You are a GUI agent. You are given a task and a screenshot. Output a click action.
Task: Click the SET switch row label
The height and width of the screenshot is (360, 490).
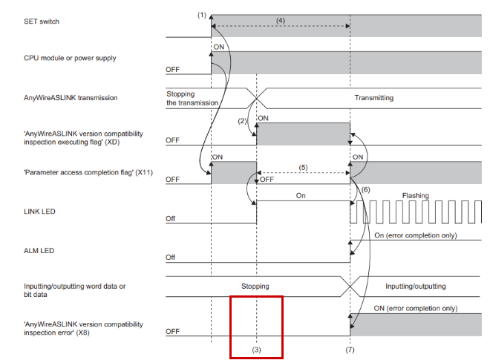[x=42, y=22]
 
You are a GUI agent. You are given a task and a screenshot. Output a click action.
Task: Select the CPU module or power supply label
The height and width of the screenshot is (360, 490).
[x=70, y=58]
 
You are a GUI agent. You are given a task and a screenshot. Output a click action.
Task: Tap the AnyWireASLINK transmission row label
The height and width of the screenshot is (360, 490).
[x=71, y=98]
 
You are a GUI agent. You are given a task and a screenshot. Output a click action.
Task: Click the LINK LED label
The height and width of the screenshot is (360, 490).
[x=39, y=212]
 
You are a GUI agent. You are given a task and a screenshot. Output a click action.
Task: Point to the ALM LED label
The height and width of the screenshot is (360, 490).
[x=39, y=251]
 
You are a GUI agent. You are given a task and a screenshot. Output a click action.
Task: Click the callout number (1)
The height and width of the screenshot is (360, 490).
[x=202, y=15]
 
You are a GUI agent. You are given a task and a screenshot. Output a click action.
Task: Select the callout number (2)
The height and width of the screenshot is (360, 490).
[x=242, y=121]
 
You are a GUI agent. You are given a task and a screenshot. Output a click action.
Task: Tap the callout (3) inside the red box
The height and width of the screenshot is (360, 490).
[x=257, y=350]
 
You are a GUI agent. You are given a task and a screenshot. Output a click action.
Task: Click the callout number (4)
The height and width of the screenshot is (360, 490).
[x=281, y=20]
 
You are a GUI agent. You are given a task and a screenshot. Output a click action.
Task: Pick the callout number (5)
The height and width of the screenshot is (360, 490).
[x=303, y=168]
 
